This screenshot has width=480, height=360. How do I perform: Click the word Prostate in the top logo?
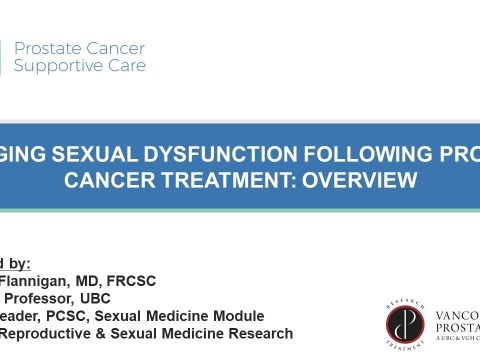45,48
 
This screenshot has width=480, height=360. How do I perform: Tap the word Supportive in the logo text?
51,66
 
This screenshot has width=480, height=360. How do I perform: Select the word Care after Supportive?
126,66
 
